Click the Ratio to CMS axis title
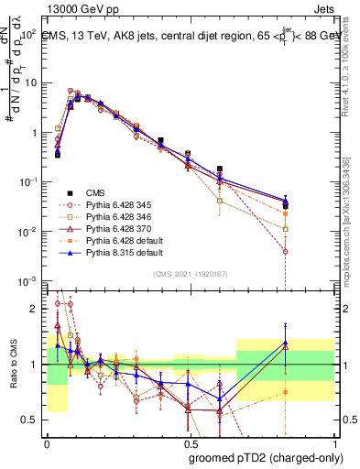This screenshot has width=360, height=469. pyautogui.click(x=12, y=363)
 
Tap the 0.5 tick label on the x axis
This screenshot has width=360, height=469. pyautogui.click(x=189, y=442)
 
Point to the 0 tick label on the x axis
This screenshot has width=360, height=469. pyautogui.click(x=47, y=442)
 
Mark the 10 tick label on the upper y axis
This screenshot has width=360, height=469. pyautogui.click(x=29, y=83)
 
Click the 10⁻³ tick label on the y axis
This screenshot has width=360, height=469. pyautogui.click(x=27, y=280)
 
